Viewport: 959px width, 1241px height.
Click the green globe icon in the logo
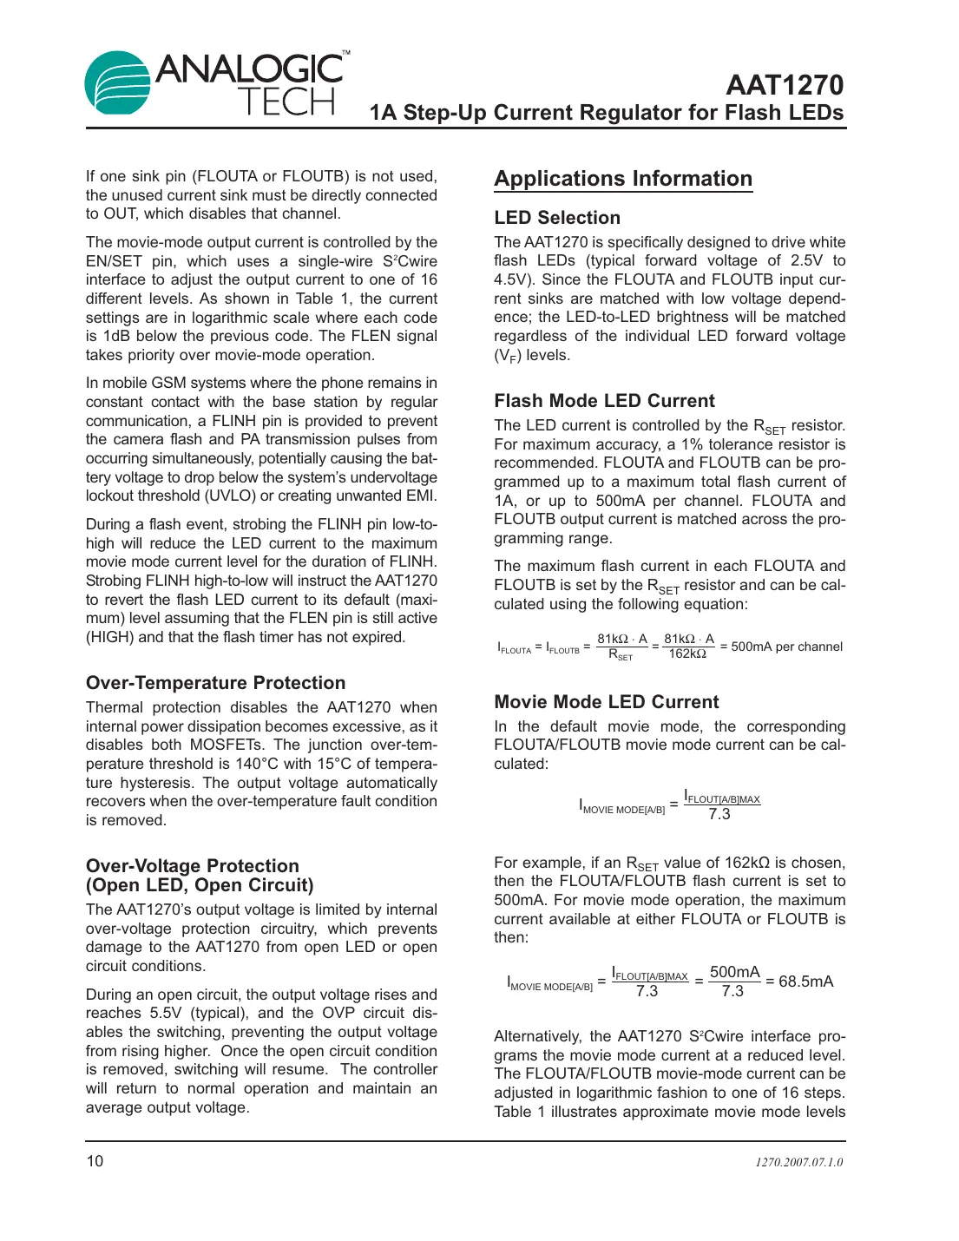coord(117,83)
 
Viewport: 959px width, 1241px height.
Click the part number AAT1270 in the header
coord(784,85)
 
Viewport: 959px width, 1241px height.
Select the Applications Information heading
coord(622,179)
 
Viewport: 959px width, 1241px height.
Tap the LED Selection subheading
coord(557,218)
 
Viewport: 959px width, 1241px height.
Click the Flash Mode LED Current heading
coord(604,401)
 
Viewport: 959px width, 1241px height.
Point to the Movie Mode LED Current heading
coord(606,702)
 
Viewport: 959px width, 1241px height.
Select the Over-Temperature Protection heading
coord(215,683)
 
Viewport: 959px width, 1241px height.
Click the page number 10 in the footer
coord(95,1161)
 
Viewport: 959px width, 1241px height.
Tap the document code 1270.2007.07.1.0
coord(798,1162)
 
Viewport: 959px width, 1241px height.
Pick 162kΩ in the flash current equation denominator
coord(687,654)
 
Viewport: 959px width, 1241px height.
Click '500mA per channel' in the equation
coord(786,647)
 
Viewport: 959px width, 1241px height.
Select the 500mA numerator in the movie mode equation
coord(734,972)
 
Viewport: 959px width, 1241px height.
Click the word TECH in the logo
coord(287,102)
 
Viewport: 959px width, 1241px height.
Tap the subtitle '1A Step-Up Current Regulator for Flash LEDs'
coord(606,113)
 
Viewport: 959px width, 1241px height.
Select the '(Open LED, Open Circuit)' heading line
coord(200,885)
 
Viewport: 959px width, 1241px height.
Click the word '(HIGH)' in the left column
coord(109,637)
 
